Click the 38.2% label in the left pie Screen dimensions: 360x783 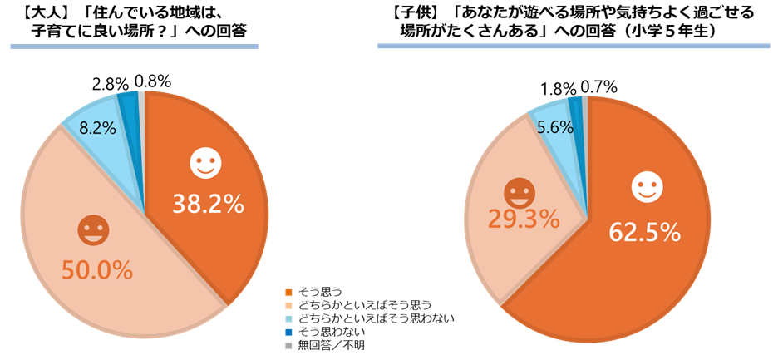(208, 203)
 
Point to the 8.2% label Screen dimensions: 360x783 (96, 127)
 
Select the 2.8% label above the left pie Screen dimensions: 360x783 (110, 83)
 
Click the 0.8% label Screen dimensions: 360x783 (152, 81)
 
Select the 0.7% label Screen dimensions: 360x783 (598, 86)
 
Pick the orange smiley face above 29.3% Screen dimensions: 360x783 (520, 191)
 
